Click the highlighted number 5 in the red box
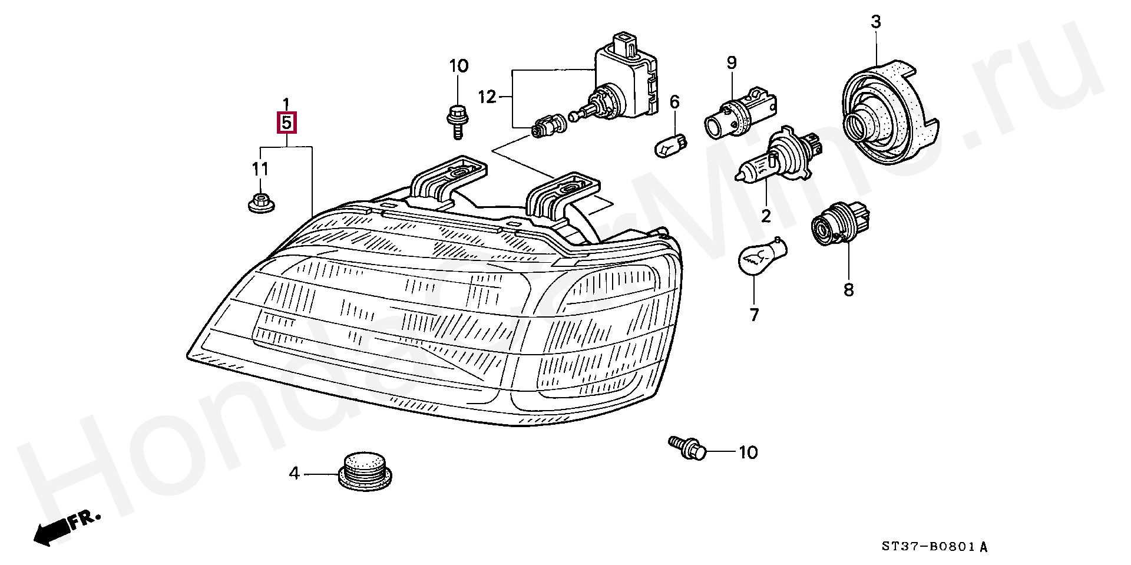click(x=286, y=124)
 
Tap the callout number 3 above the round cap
click(x=876, y=22)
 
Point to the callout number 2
click(x=765, y=216)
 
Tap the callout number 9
click(x=731, y=62)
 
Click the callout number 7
click(x=755, y=315)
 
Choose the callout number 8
click(x=848, y=290)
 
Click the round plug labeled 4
click(x=366, y=471)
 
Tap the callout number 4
click(x=294, y=473)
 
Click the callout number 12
click(x=488, y=97)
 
